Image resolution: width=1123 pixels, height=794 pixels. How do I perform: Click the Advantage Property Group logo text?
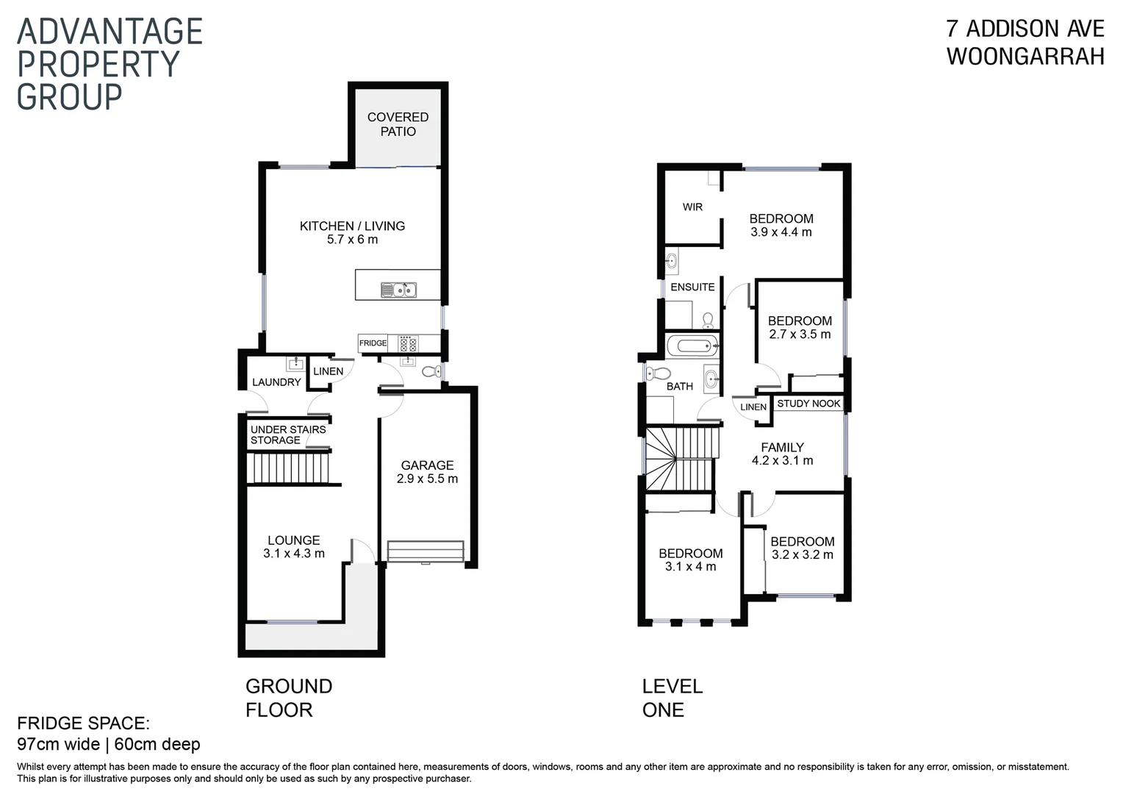[110, 64]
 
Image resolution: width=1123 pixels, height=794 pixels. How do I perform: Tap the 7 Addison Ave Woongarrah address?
[1025, 42]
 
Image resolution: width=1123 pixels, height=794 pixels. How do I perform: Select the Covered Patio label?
[398, 124]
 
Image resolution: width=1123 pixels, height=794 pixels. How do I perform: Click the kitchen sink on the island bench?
[398, 290]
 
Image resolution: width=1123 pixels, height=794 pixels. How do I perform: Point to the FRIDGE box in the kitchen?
[373, 343]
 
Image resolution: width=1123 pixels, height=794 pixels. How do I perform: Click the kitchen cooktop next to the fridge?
[408, 343]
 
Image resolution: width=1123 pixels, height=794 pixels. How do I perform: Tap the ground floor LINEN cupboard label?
[328, 371]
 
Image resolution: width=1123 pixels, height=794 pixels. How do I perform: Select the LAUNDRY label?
[276, 382]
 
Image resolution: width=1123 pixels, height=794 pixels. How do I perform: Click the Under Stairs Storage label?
[287, 434]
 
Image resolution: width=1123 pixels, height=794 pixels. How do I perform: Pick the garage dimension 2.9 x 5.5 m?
[427, 479]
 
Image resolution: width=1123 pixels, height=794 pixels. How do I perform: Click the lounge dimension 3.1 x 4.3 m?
[293, 554]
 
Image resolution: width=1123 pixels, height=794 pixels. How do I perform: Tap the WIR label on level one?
[692, 207]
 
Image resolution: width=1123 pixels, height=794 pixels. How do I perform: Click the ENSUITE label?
[692, 287]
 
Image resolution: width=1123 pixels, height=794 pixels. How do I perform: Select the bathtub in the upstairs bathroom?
[692, 345]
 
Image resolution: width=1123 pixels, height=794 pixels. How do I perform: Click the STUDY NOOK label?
[808, 404]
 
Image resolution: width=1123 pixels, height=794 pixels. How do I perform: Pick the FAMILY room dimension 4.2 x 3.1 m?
[782, 461]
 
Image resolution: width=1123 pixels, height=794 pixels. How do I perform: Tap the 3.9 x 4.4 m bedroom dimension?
[781, 232]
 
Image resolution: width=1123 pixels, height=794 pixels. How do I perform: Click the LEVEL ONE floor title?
[672, 698]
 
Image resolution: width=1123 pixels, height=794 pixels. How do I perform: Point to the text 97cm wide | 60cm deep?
[109, 744]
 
